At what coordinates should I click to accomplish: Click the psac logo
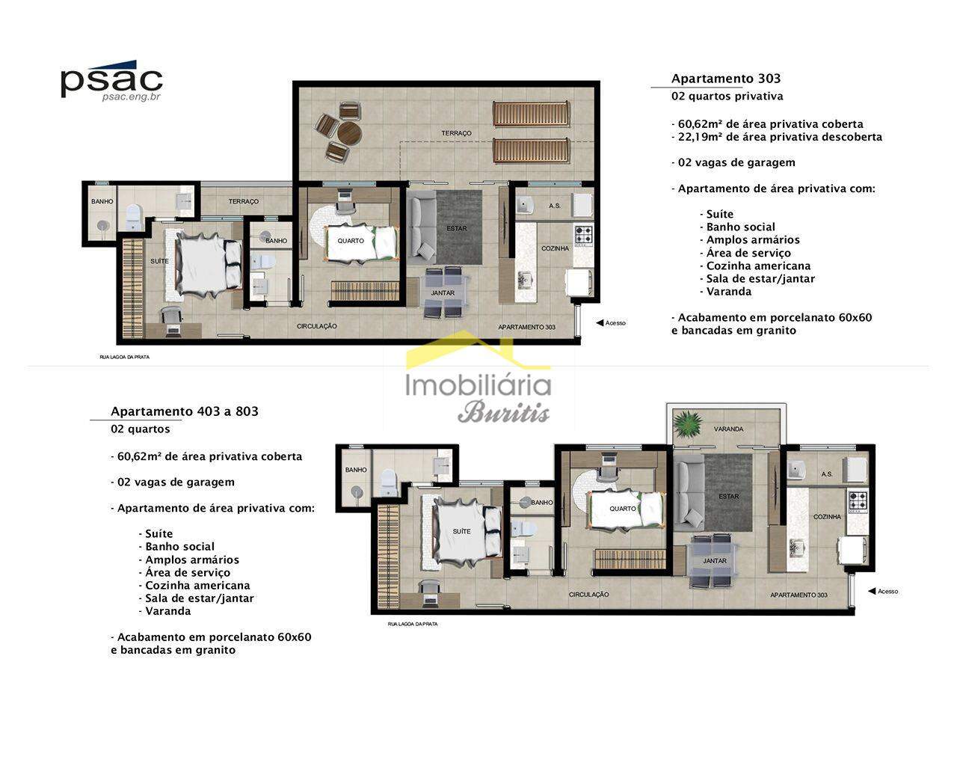point(111,81)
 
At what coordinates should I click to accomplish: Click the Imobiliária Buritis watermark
point(478,378)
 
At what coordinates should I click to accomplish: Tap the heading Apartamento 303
point(726,79)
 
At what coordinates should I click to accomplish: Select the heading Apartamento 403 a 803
point(185,411)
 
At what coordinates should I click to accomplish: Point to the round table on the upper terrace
point(349,132)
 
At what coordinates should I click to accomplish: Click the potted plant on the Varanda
point(688,423)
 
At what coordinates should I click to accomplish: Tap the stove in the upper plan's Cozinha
point(583,235)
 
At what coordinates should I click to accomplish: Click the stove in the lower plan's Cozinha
point(858,500)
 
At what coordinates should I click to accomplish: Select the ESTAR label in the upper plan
point(457,228)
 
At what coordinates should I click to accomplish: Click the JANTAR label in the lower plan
point(715,561)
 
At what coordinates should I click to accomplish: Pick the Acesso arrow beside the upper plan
point(600,323)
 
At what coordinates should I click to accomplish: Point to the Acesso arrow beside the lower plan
point(872,592)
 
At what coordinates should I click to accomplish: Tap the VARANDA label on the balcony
point(728,429)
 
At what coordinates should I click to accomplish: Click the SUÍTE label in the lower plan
point(461,531)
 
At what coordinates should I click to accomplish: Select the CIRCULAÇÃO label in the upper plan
point(316,326)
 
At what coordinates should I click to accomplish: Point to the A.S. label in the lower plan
point(827,474)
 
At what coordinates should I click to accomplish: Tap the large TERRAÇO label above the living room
point(456,133)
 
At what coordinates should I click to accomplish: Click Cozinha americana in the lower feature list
point(197,586)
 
